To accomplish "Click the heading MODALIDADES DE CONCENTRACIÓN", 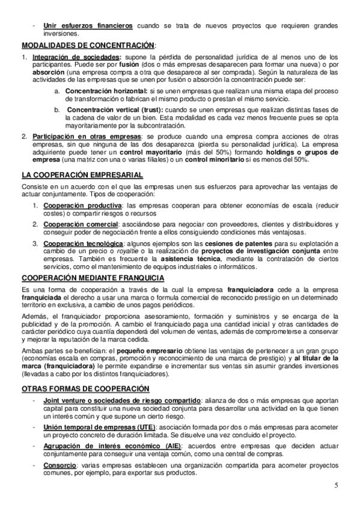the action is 88,45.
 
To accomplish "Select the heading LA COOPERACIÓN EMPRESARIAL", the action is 82,174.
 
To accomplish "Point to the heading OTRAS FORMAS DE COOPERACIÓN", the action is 85,389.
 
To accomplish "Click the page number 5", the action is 337,485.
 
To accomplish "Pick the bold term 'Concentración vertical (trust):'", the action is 111,110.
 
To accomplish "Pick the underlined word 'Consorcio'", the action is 59,465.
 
